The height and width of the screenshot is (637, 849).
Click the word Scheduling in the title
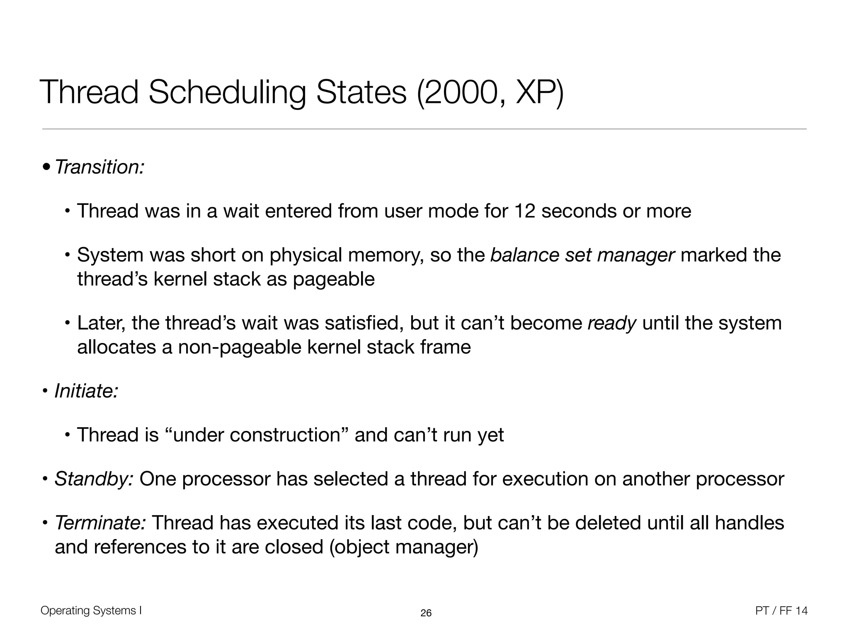227,92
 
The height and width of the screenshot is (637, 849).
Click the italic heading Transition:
99,167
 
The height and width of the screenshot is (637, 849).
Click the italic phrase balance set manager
582,255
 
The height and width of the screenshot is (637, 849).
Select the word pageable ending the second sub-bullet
334,279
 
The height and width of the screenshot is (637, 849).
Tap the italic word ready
612,323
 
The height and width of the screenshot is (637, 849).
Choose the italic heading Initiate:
87,391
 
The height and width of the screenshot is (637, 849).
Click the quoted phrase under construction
257,435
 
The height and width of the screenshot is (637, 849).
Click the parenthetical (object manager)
404,547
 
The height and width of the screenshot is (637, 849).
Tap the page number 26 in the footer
426,613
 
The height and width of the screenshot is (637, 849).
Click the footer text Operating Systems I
91,610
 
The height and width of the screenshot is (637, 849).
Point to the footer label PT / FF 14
781,611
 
